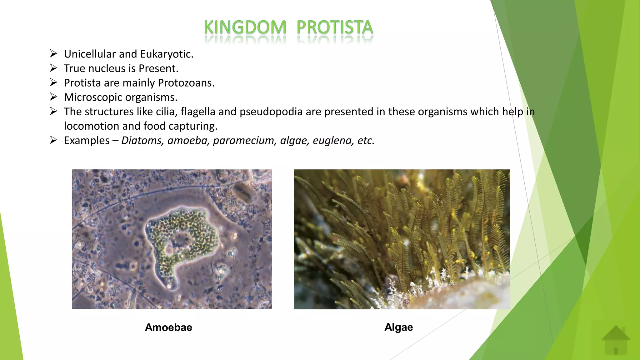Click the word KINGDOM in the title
coord(245,27)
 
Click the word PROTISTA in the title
coord(335,27)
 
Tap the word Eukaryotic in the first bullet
coord(167,54)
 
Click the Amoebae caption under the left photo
coord(168,327)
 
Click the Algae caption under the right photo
coord(398,327)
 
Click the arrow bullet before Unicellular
coord(53,54)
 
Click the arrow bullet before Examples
coord(53,140)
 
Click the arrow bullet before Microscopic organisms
coord(53,97)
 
